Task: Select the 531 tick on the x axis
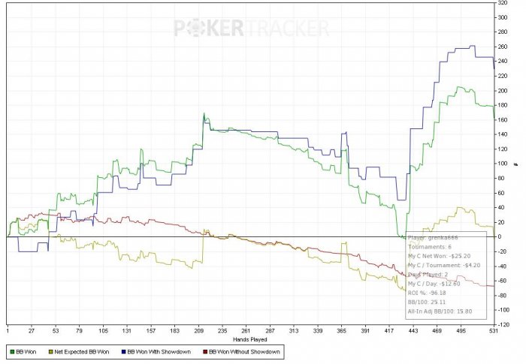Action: (x=491, y=329)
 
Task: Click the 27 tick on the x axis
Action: (x=32, y=329)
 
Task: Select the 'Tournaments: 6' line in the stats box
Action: (x=430, y=246)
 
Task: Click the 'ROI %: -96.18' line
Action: (x=426, y=292)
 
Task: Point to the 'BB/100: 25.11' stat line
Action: (x=427, y=301)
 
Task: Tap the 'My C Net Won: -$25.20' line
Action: (x=439, y=255)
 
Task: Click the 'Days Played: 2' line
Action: (x=430, y=273)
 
